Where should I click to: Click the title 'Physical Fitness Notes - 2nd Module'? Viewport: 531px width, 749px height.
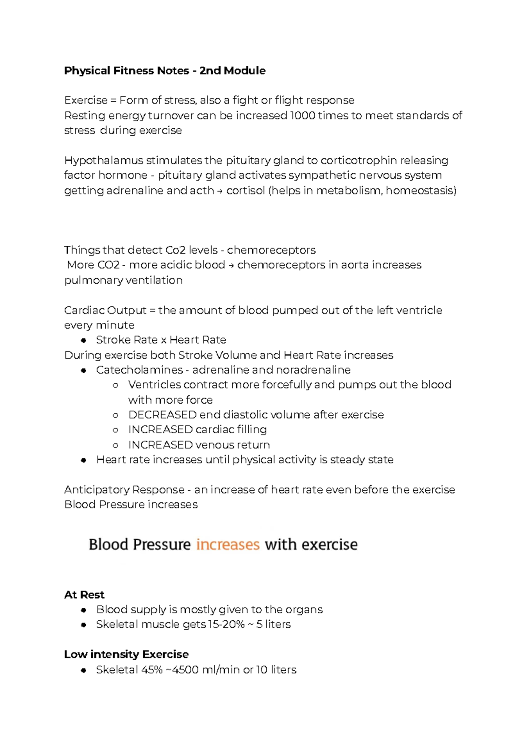pos(165,71)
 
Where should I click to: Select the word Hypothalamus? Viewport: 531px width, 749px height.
pos(104,160)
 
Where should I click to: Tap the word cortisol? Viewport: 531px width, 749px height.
pos(245,191)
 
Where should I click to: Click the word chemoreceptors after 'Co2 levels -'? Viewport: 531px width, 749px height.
pos(271,250)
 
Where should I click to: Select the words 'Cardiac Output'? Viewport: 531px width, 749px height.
pos(105,310)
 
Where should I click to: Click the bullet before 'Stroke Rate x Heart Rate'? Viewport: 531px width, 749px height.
pos(84,340)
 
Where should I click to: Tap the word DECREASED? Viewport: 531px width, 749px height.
pos(162,415)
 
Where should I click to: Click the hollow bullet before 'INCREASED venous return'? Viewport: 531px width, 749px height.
pos(115,445)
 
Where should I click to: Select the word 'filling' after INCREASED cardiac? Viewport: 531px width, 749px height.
pos(252,430)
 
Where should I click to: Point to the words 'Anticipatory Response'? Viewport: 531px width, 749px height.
pos(124,490)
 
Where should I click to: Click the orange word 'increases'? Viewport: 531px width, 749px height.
pos(227,544)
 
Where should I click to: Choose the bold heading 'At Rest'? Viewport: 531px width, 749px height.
pos(84,595)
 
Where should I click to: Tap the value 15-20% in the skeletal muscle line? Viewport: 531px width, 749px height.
pos(226,624)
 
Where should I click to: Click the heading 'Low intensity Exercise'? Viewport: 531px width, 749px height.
pos(126,654)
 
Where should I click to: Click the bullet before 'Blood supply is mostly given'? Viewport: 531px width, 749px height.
pos(84,610)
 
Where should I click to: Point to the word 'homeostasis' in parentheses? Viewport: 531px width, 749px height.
pos(420,191)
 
